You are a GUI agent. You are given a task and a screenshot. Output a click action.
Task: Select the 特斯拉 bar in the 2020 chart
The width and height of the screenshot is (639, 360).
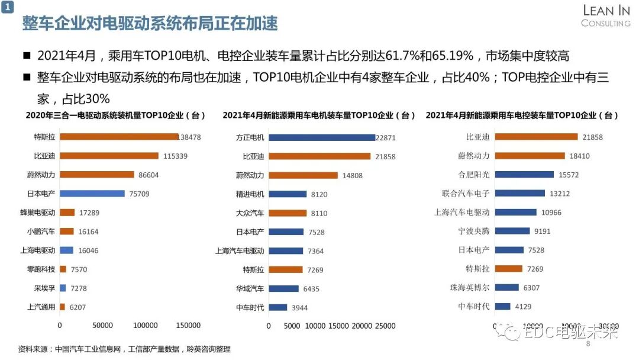click(x=118, y=137)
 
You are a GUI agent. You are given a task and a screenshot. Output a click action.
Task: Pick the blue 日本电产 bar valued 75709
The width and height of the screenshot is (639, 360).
click(x=92, y=194)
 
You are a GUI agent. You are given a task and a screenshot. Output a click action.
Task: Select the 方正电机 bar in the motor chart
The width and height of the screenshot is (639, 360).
click(x=322, y=137)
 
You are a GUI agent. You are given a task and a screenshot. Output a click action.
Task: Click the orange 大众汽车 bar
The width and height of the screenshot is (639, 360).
click(x=288, y=213)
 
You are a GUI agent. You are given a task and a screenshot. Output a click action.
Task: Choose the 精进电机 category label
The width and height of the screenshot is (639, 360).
click(x=250, y=194)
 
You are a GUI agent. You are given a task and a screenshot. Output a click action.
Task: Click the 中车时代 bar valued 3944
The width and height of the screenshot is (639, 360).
click(x=277, y=307)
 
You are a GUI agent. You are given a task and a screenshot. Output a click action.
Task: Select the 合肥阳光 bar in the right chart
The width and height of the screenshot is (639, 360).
click(x=524, y=175)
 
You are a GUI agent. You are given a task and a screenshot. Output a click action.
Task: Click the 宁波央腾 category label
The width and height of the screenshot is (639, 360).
click(x=474, y=231)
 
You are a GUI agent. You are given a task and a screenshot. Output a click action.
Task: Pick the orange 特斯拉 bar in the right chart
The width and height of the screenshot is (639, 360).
click(x=508, y=269)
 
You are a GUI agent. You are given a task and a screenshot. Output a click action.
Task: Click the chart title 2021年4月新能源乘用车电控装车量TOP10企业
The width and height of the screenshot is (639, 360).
click(x=522, y=115)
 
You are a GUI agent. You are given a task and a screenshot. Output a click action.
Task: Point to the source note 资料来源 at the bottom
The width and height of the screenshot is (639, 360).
click(x=124, y=349)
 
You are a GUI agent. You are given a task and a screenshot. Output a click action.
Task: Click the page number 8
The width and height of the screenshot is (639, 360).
click(x=588, y=344)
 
